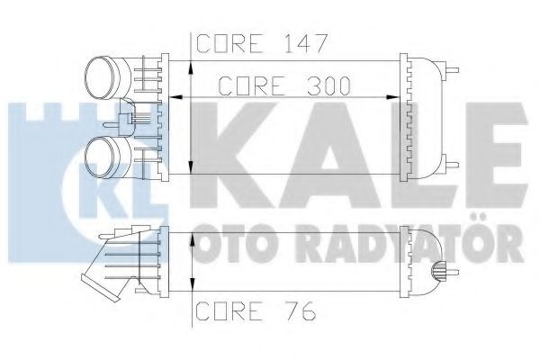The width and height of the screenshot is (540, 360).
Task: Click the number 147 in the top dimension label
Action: (305, 43)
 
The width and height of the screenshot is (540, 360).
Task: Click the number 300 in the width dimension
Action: (328, 85)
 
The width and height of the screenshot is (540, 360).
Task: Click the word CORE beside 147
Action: (229, 43)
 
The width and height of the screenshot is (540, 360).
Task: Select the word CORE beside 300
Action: (252, 85)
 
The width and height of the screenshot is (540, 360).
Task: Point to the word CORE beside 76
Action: (229, 310)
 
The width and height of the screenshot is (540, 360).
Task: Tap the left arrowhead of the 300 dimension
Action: (176, 97)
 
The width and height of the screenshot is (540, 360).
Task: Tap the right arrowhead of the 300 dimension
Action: (392, 97)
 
